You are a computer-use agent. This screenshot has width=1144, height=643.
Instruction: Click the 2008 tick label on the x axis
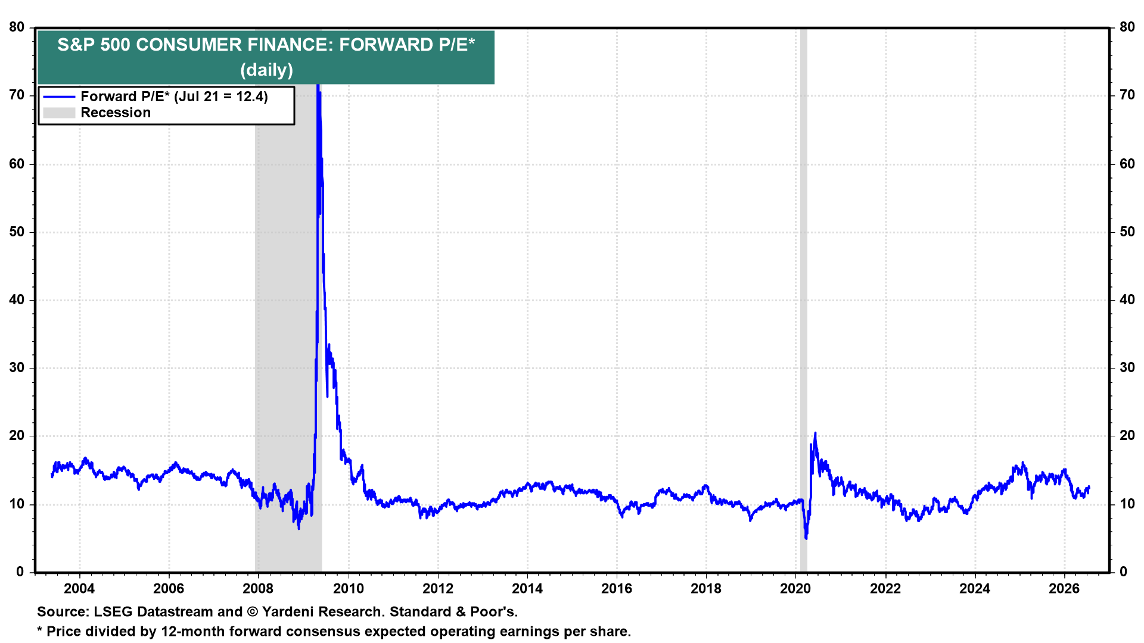258,589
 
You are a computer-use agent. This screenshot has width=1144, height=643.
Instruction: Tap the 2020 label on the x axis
795,589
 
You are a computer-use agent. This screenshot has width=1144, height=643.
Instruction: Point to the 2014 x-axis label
527,589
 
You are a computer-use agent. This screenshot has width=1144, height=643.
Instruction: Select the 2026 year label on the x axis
1064,589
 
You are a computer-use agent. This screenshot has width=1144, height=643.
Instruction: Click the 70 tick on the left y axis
17,95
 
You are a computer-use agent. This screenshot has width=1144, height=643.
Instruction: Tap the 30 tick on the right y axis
1127,368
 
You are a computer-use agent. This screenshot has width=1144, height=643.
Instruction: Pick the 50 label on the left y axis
17,232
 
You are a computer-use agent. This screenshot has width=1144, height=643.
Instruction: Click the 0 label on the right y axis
1124,572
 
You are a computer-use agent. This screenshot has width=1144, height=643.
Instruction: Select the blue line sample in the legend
59,97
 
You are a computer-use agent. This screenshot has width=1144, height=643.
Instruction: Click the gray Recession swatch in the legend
59,113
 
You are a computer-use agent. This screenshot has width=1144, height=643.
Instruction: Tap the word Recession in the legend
116,113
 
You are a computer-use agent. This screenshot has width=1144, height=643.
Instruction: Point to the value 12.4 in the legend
250,97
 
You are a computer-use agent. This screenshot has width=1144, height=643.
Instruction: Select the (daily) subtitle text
266,70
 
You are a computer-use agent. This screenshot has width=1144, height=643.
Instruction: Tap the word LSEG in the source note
111,612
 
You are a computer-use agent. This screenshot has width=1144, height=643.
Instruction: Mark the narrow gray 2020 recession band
803,299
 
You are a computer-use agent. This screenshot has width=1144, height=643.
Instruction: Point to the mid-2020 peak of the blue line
815,433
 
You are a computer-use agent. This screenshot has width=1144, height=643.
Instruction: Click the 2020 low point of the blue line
806,539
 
